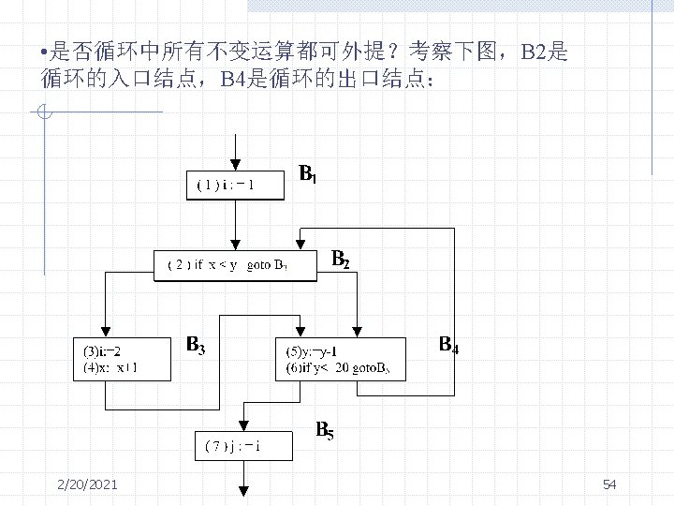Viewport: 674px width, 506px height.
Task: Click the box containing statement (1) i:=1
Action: [x=237, y=185]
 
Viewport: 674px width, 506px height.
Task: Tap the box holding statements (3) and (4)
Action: [x=123, y=359]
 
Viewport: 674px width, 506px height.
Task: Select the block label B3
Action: [x=195, y=345]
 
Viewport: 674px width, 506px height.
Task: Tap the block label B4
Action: [x=449, y=346]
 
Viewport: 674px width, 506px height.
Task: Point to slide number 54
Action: [x=609, y=484]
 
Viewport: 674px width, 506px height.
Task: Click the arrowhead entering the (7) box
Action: [x=243, y=424]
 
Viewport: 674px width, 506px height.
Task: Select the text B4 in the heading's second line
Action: [x=233, y=79]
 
